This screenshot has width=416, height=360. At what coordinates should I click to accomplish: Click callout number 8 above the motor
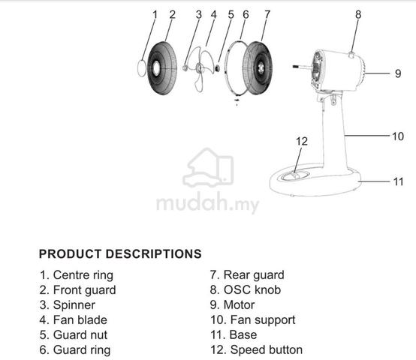(x=358, y=14)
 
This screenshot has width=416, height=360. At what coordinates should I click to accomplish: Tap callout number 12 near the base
(x=302, y=142)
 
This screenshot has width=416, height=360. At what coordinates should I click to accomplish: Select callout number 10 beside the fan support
(x=398, y=136)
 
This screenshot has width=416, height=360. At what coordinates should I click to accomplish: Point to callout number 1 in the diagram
(x=155, y=14)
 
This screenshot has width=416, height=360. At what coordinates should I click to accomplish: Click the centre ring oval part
(x=142, y=68)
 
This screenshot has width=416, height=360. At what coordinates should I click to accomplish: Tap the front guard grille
(x=162, y=68)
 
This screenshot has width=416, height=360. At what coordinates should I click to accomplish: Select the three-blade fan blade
(x=203, y=69)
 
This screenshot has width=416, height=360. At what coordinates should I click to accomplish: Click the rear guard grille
(x=258, y=67)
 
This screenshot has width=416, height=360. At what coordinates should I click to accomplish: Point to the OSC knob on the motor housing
(x=351, y=55)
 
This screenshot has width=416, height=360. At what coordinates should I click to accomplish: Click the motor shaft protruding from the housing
(x=303, y=67)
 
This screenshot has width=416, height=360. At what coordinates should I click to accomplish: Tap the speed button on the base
(x=295, y=175)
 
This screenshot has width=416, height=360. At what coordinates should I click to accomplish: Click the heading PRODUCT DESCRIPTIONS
(x=120, y=253)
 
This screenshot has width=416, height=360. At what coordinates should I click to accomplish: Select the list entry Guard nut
(x=74, y=334)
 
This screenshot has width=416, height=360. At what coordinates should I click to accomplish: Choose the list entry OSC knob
(x=246, y=289)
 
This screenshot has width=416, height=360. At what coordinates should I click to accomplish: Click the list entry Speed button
(x=256, y=350)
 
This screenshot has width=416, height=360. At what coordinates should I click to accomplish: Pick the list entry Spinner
(x=68, y=305)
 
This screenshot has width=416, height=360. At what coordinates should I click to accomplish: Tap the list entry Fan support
(x=253, y=320)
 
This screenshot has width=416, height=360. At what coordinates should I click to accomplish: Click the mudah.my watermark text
(x=208, y=204)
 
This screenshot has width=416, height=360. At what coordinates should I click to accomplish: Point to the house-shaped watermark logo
(x=208, y=167)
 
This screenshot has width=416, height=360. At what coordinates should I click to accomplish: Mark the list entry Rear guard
(x=247, y=275)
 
